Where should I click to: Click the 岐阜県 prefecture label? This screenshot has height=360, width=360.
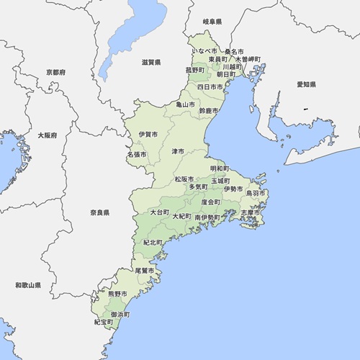tap(212, 23)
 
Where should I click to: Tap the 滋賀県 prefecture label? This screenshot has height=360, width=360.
tap(151, 63)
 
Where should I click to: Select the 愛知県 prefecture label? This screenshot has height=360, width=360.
tap(307, 84)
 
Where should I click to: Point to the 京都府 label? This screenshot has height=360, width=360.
tap(55, 73)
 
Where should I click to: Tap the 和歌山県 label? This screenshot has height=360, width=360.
tap(28, 286)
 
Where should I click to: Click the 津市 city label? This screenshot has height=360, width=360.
tap(177, 152)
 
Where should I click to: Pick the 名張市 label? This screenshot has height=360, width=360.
tap(136, 154)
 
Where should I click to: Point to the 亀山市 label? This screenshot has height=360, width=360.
tap(186, 104)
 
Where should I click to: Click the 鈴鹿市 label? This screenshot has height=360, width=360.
tap(208, 111)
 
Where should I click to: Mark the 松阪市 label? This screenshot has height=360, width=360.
tap(184, 179)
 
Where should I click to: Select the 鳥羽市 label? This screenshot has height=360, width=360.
tap(256, 194)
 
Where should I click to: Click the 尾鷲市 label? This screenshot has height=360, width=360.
tap(145, 270)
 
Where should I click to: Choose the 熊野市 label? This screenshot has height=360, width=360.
tap(117, 294)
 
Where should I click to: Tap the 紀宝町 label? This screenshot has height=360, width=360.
tap(104, 322)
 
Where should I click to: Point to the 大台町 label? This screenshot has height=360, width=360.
tap(159, 213)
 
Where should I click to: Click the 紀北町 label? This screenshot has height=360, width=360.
tap(153, 243)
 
